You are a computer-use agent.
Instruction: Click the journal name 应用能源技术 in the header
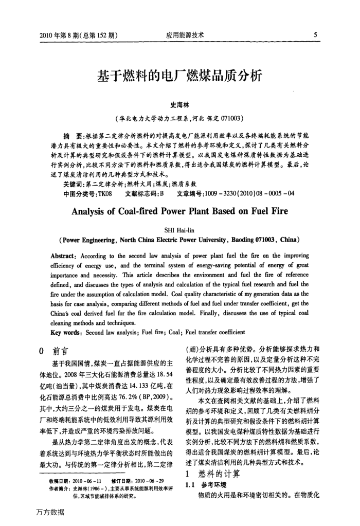pyautogui.click(x=185, y=35)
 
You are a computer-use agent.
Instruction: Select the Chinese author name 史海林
pyautogui.click(x=179, y=104)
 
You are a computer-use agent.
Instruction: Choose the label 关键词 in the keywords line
pyautogui.click(x=72, y=183)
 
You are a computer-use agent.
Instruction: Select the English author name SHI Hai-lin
pyautogui.click(x=179, y=229)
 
